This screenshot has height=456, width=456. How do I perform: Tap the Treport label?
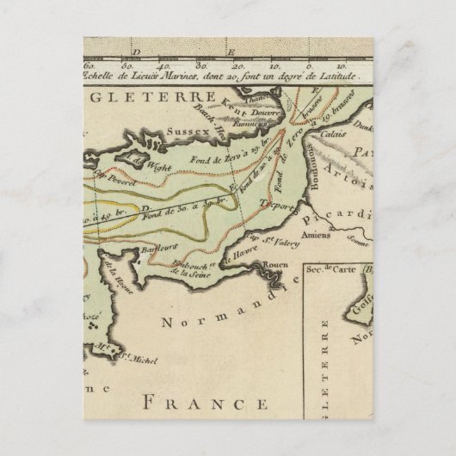coord(284,208)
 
